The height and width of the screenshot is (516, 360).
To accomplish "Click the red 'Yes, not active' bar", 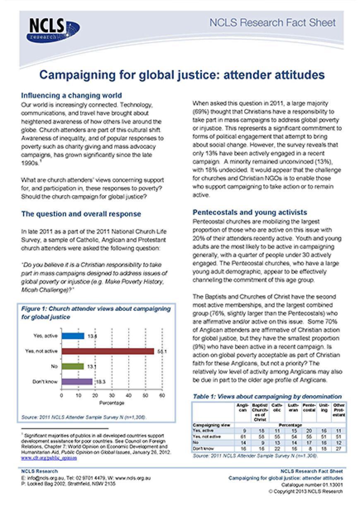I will tap(108, 351).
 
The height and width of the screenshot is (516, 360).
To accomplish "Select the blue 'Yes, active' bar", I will tap(73, 336).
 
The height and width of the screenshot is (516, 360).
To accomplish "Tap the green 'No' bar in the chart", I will tap(73, 366).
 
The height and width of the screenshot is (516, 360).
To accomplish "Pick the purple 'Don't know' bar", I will tap(77, 382).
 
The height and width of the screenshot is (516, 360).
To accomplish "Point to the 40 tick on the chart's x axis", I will tap(129, 396).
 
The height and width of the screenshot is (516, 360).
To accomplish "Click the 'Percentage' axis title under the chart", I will tap(112, 403).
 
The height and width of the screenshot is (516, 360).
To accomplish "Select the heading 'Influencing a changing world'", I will tap(71, 96).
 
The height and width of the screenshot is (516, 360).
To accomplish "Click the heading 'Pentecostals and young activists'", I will tap(250, 213).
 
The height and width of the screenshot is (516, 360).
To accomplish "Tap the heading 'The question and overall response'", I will tap(81, 214).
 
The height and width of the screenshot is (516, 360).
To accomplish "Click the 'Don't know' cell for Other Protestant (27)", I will tap(339, 448).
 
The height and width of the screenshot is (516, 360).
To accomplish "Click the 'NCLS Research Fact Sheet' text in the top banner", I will tap(272, 23).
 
